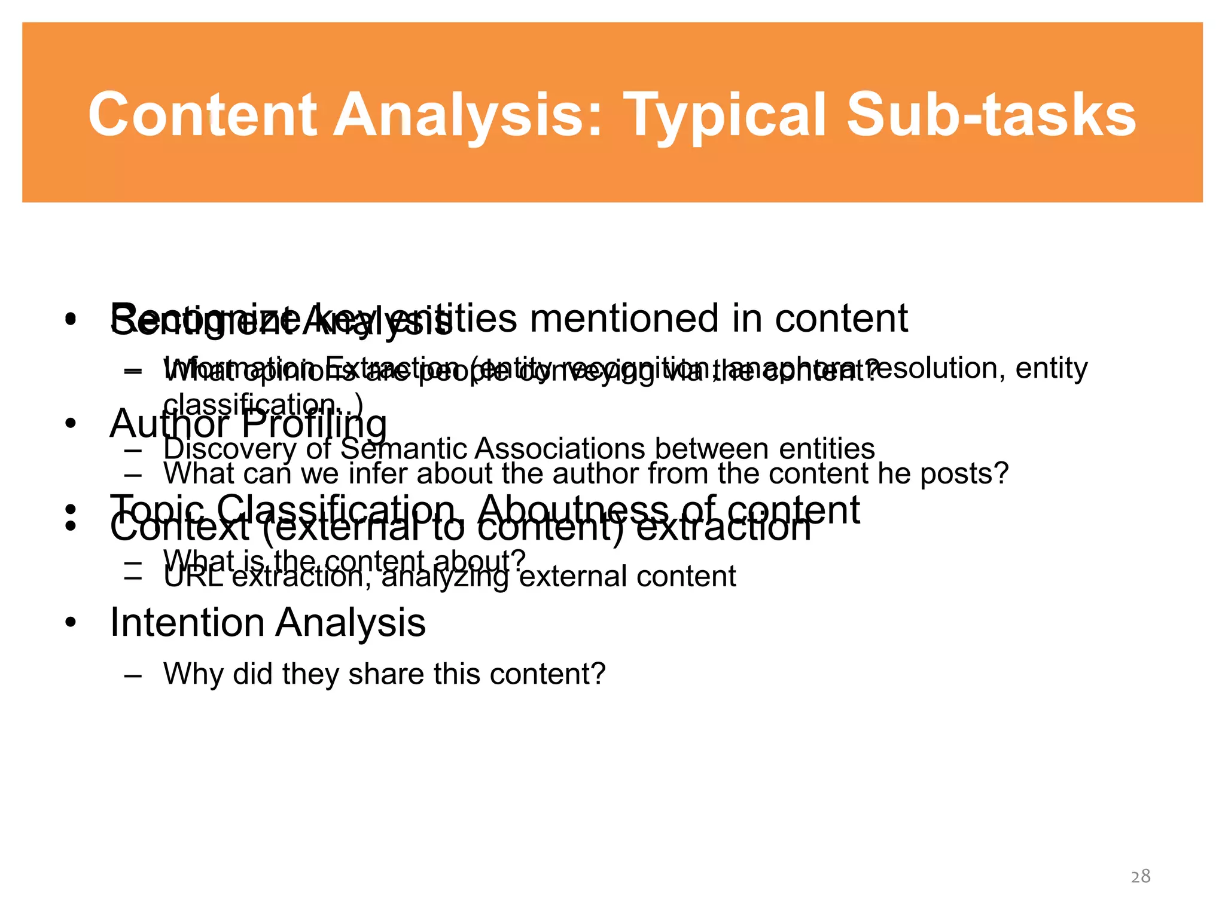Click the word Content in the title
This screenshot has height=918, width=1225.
pos(202,115)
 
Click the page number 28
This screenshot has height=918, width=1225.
pos(1140,876)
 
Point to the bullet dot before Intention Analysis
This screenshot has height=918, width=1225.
pos(71,623)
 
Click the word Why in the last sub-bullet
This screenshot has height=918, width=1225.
pos(193,674)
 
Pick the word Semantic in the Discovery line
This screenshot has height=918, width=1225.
pos(403,448)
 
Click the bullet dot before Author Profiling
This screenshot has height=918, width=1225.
pos(71,423)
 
